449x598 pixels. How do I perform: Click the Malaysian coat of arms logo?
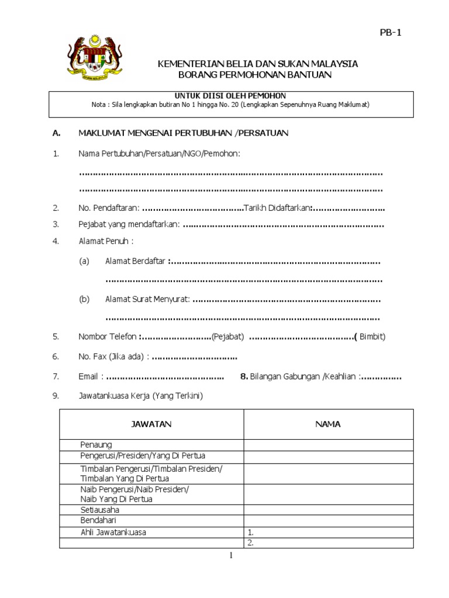[89, 57]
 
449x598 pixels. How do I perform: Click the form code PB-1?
[391, 33]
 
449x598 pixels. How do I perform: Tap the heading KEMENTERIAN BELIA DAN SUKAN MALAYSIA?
[258, 64]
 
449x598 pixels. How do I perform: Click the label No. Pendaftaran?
[109, 208]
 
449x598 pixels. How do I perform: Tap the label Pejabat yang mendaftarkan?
[129, 225]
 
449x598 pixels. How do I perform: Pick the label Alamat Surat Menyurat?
[147, 300]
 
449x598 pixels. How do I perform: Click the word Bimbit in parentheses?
[372, 337]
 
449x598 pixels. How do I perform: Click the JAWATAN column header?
[151, 425]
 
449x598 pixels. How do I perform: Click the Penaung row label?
[96, 445]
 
